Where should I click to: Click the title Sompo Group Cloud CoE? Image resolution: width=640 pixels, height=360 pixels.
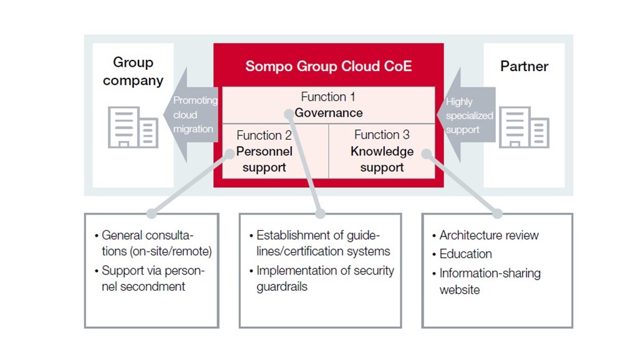(x=328, y=66)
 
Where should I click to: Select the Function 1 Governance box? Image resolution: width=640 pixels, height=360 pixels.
(x=328, y=105)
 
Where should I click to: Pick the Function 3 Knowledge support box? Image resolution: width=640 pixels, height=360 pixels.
(x=382, y=151)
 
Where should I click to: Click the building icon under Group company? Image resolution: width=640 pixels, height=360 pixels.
(x=132, y=127)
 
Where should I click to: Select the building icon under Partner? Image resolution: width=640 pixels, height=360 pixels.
(x=524, y=127)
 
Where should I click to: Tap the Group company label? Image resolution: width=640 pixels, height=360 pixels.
(x=133, y=71)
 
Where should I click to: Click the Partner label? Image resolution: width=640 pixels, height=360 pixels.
(x=524, y=66)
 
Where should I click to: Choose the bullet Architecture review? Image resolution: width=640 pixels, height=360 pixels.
(x=488, y=235)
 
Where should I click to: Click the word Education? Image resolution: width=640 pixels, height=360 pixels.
(x=465, y=254)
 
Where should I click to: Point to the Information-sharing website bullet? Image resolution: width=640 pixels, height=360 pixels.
(x=489, y=281)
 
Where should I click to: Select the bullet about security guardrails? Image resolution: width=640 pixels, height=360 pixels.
(x=325, y=278)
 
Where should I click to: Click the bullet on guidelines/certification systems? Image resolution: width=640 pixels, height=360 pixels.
(x=323, y=243)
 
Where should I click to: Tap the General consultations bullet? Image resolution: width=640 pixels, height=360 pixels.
(x=156, y=243)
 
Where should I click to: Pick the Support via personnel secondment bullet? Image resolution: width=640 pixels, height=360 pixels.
(x=152, y=278)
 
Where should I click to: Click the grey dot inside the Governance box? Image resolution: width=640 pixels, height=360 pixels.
(x=289, y=114)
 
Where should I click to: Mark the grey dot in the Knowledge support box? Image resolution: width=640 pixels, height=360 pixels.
(x=427, y=153)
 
